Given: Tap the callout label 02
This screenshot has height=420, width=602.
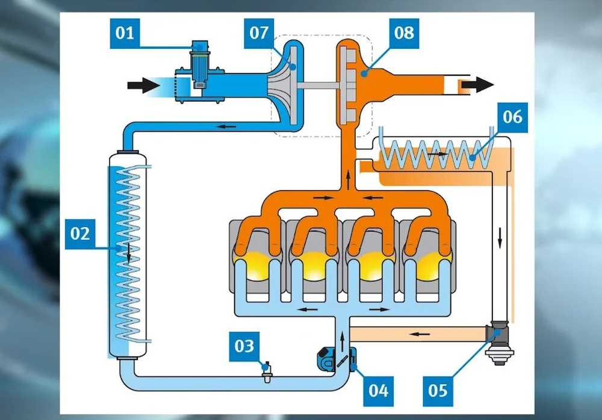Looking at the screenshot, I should coord(80,233).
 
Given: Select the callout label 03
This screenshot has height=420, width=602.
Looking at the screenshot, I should coord(244,347).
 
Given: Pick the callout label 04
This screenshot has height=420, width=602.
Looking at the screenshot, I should coord(379,390).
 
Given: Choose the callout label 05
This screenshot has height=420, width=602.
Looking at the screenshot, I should coord(438,390).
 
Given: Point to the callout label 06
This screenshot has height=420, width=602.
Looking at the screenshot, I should coord(512,116).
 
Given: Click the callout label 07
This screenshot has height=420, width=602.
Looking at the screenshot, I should coord(259,32).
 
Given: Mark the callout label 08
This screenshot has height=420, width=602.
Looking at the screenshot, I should coord(404,32).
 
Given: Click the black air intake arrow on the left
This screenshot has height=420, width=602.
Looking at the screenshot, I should coord(143,85).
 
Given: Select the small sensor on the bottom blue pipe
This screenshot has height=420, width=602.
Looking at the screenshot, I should coord(264,369).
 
